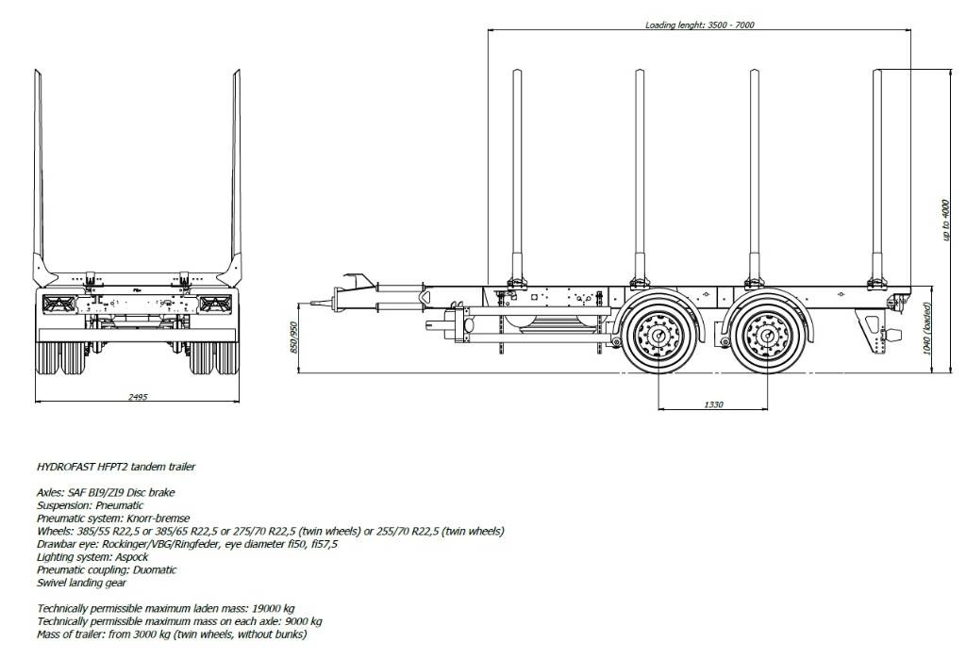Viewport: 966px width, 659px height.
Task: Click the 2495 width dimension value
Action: click(x=137, y=398)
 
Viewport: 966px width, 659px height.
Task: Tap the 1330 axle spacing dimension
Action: click(x=713, y=404)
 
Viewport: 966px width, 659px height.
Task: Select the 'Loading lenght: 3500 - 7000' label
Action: click(x=700, y=25)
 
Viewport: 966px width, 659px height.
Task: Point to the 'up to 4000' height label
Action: click(x=945, y=219)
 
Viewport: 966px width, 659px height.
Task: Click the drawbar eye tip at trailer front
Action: click(x=311, y=303)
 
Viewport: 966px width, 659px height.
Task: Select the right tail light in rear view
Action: click(x=214, y=303)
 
